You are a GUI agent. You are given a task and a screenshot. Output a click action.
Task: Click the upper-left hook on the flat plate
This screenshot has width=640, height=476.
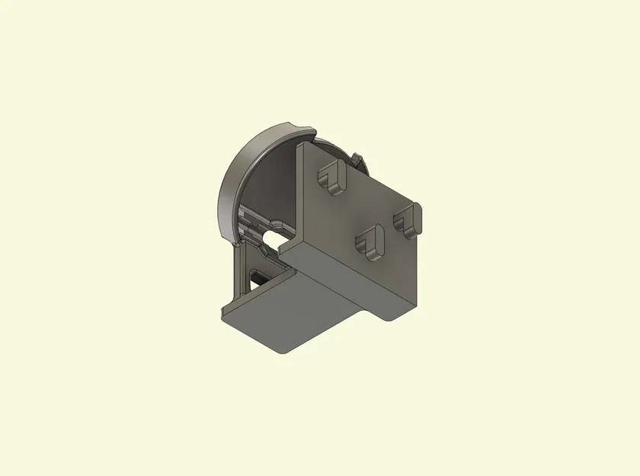click(x=331, y=175)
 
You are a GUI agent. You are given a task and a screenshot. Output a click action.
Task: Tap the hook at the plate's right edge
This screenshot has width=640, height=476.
click(x=408, y=218)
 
